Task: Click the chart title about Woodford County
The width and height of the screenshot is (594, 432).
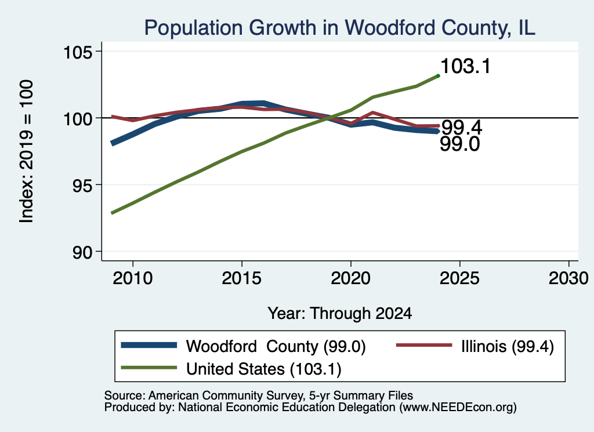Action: pos(340,28)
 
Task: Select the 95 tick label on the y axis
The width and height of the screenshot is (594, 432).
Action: pos(82,185)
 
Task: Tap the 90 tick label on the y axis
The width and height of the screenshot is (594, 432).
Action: pos(82,252)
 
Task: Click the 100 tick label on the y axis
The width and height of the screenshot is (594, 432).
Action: pos(78,118)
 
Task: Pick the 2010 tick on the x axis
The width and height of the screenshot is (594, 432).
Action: pos(133,278)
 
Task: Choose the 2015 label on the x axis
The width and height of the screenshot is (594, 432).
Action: pos(242,278)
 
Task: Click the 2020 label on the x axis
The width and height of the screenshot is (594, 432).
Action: pos(351,278)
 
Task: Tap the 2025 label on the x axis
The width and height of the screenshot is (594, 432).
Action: pos(459,278)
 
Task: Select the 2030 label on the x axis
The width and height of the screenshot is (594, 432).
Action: pos(568,278)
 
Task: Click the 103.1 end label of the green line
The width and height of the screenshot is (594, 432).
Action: pos(466,66)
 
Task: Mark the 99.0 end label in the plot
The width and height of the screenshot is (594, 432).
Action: pos(460,144)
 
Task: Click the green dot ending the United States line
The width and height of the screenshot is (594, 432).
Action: pos(439,76)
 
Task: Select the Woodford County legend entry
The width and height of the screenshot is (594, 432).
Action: pos(243,346)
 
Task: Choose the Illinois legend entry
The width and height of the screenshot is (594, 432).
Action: pos(475,346)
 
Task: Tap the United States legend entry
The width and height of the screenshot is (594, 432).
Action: pos(231,369)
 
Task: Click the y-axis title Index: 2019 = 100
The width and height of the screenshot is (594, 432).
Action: pos(27,151)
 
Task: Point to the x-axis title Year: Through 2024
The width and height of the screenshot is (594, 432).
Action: pos(340,314)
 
